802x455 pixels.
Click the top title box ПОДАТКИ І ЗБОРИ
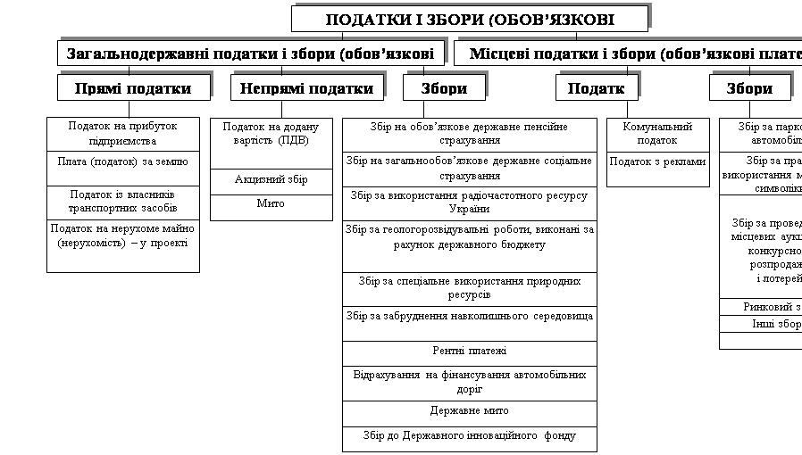[469, 20]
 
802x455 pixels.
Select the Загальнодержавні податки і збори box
[250, 54]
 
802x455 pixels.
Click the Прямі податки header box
[134, 87]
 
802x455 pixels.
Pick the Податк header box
[596, 87]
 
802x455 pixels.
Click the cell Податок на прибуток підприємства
[123, 134]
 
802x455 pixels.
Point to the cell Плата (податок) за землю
[123, 161]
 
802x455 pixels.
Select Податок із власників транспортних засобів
[123, 201]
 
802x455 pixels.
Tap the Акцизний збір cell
[272, 179]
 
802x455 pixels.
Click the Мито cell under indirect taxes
[272, 203]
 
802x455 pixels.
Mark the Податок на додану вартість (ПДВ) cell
[272, 135]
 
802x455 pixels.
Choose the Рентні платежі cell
[469, 352]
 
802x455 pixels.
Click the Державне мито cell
[469, 411]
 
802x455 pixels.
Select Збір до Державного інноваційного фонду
[469, 436]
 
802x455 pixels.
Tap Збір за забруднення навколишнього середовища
[469, 317]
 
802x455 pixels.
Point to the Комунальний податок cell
[658, 134]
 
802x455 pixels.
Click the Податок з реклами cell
[658, 162]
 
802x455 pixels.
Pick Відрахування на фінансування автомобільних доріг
[469, 382]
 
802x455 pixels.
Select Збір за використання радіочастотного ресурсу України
[469, 202]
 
